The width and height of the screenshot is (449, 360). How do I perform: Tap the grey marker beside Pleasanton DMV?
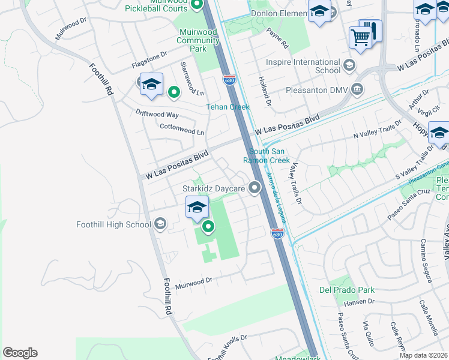tap(357, 90)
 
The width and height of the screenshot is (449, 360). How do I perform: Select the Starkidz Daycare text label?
tap(214, 188)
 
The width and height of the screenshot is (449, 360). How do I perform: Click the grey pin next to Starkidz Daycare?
tap(255, 188)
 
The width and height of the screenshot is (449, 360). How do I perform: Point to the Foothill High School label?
tap(113, 225)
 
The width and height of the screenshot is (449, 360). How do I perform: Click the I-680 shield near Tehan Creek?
tap(229, 80)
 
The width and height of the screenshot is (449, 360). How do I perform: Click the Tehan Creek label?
tap(228, 107)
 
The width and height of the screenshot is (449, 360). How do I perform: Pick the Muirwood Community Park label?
tap(198, 40)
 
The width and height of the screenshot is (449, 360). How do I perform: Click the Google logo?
tap(20, 353)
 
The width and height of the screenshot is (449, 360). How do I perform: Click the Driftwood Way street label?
tap(157, 114)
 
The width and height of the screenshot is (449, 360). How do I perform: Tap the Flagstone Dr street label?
tap(149, 59)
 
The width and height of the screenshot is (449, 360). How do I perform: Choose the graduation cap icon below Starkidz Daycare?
tap(197, 208)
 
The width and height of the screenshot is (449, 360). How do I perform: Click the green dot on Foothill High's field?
tap(208, 226)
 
